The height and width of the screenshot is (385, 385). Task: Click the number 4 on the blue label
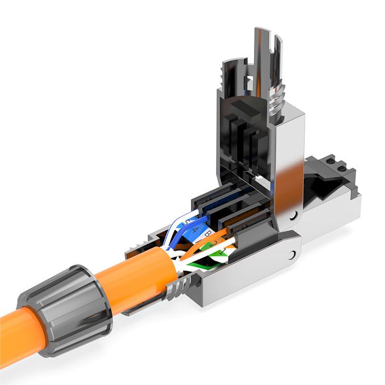pyautogui.click(x=195, y=230)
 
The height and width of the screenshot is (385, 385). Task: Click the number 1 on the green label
pyautogui.click(x=223, y=252)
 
